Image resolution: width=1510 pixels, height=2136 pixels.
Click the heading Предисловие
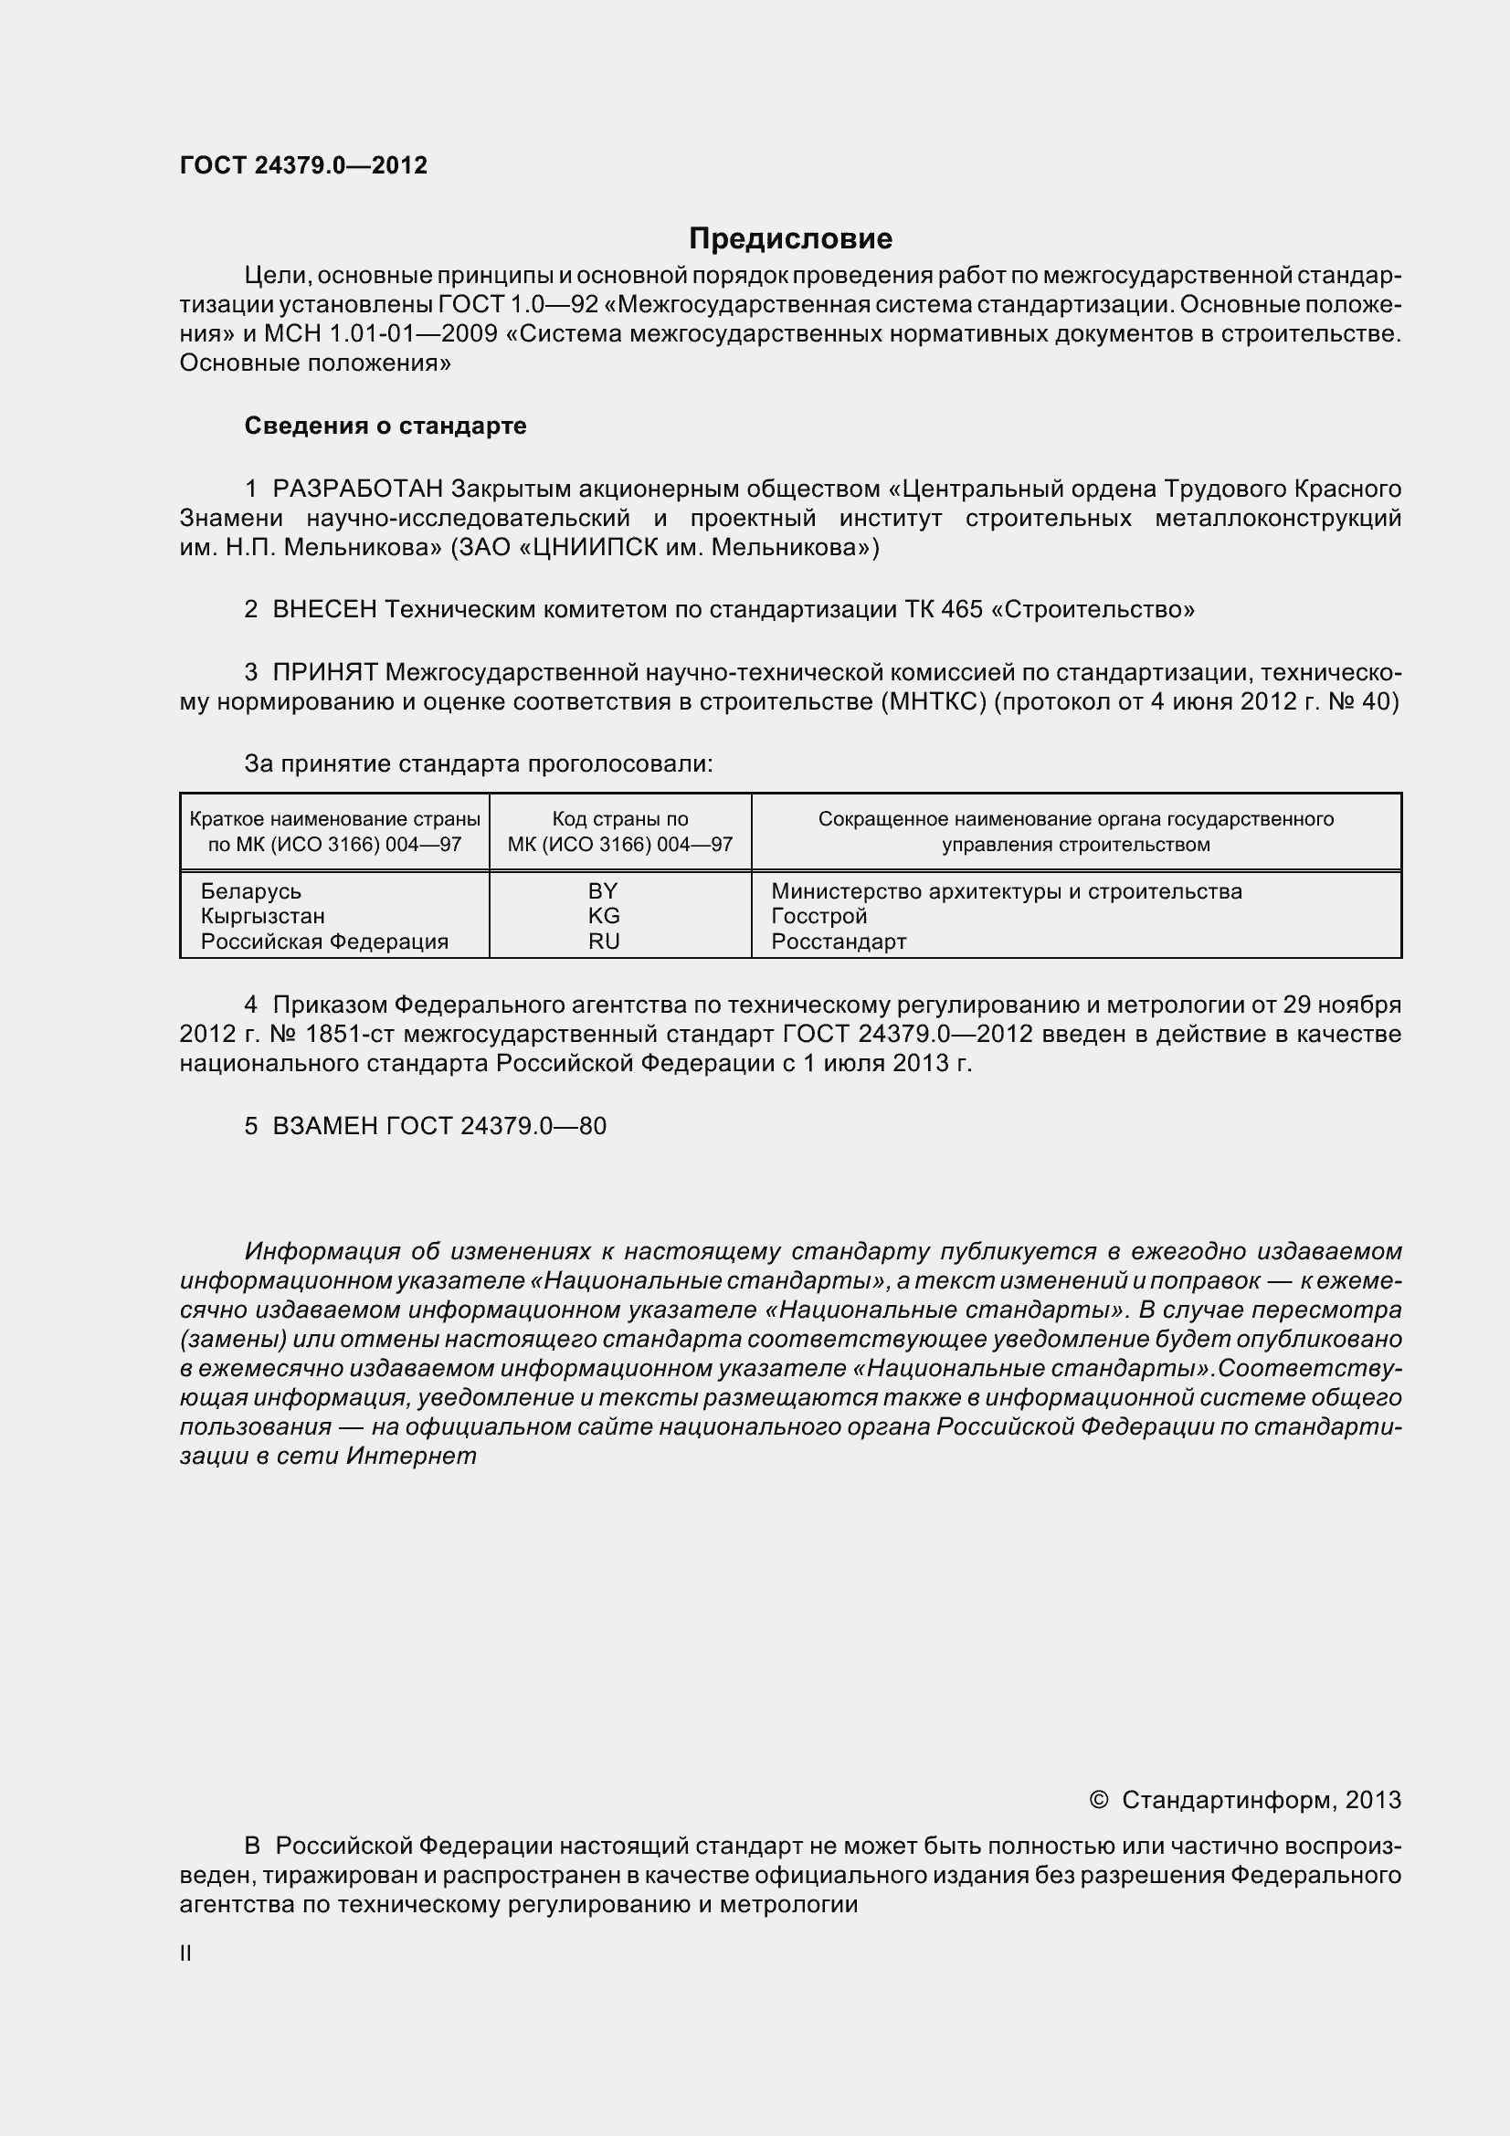790,239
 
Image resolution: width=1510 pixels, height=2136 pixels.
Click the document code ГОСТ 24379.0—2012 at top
303,165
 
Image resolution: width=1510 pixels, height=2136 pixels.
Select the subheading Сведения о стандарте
385,426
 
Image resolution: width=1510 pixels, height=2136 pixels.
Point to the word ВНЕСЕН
324,609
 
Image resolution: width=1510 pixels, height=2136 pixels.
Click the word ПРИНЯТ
324,672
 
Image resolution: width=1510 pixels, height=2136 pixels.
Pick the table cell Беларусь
251,891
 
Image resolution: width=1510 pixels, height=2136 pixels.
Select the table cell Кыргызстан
262,916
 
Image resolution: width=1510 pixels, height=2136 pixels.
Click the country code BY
603,891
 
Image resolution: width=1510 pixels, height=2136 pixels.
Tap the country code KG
603,916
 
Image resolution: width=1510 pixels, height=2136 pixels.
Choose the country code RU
603,942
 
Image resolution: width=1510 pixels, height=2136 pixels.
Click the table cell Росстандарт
839,942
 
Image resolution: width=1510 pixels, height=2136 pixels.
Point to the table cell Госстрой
818,916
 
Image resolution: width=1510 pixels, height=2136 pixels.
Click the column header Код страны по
619,818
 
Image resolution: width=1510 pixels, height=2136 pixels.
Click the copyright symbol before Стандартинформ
1098,1800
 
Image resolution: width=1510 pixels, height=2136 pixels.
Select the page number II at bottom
186,1953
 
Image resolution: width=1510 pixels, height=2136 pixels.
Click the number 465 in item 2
961,609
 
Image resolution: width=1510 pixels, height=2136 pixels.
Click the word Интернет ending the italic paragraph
411,1456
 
